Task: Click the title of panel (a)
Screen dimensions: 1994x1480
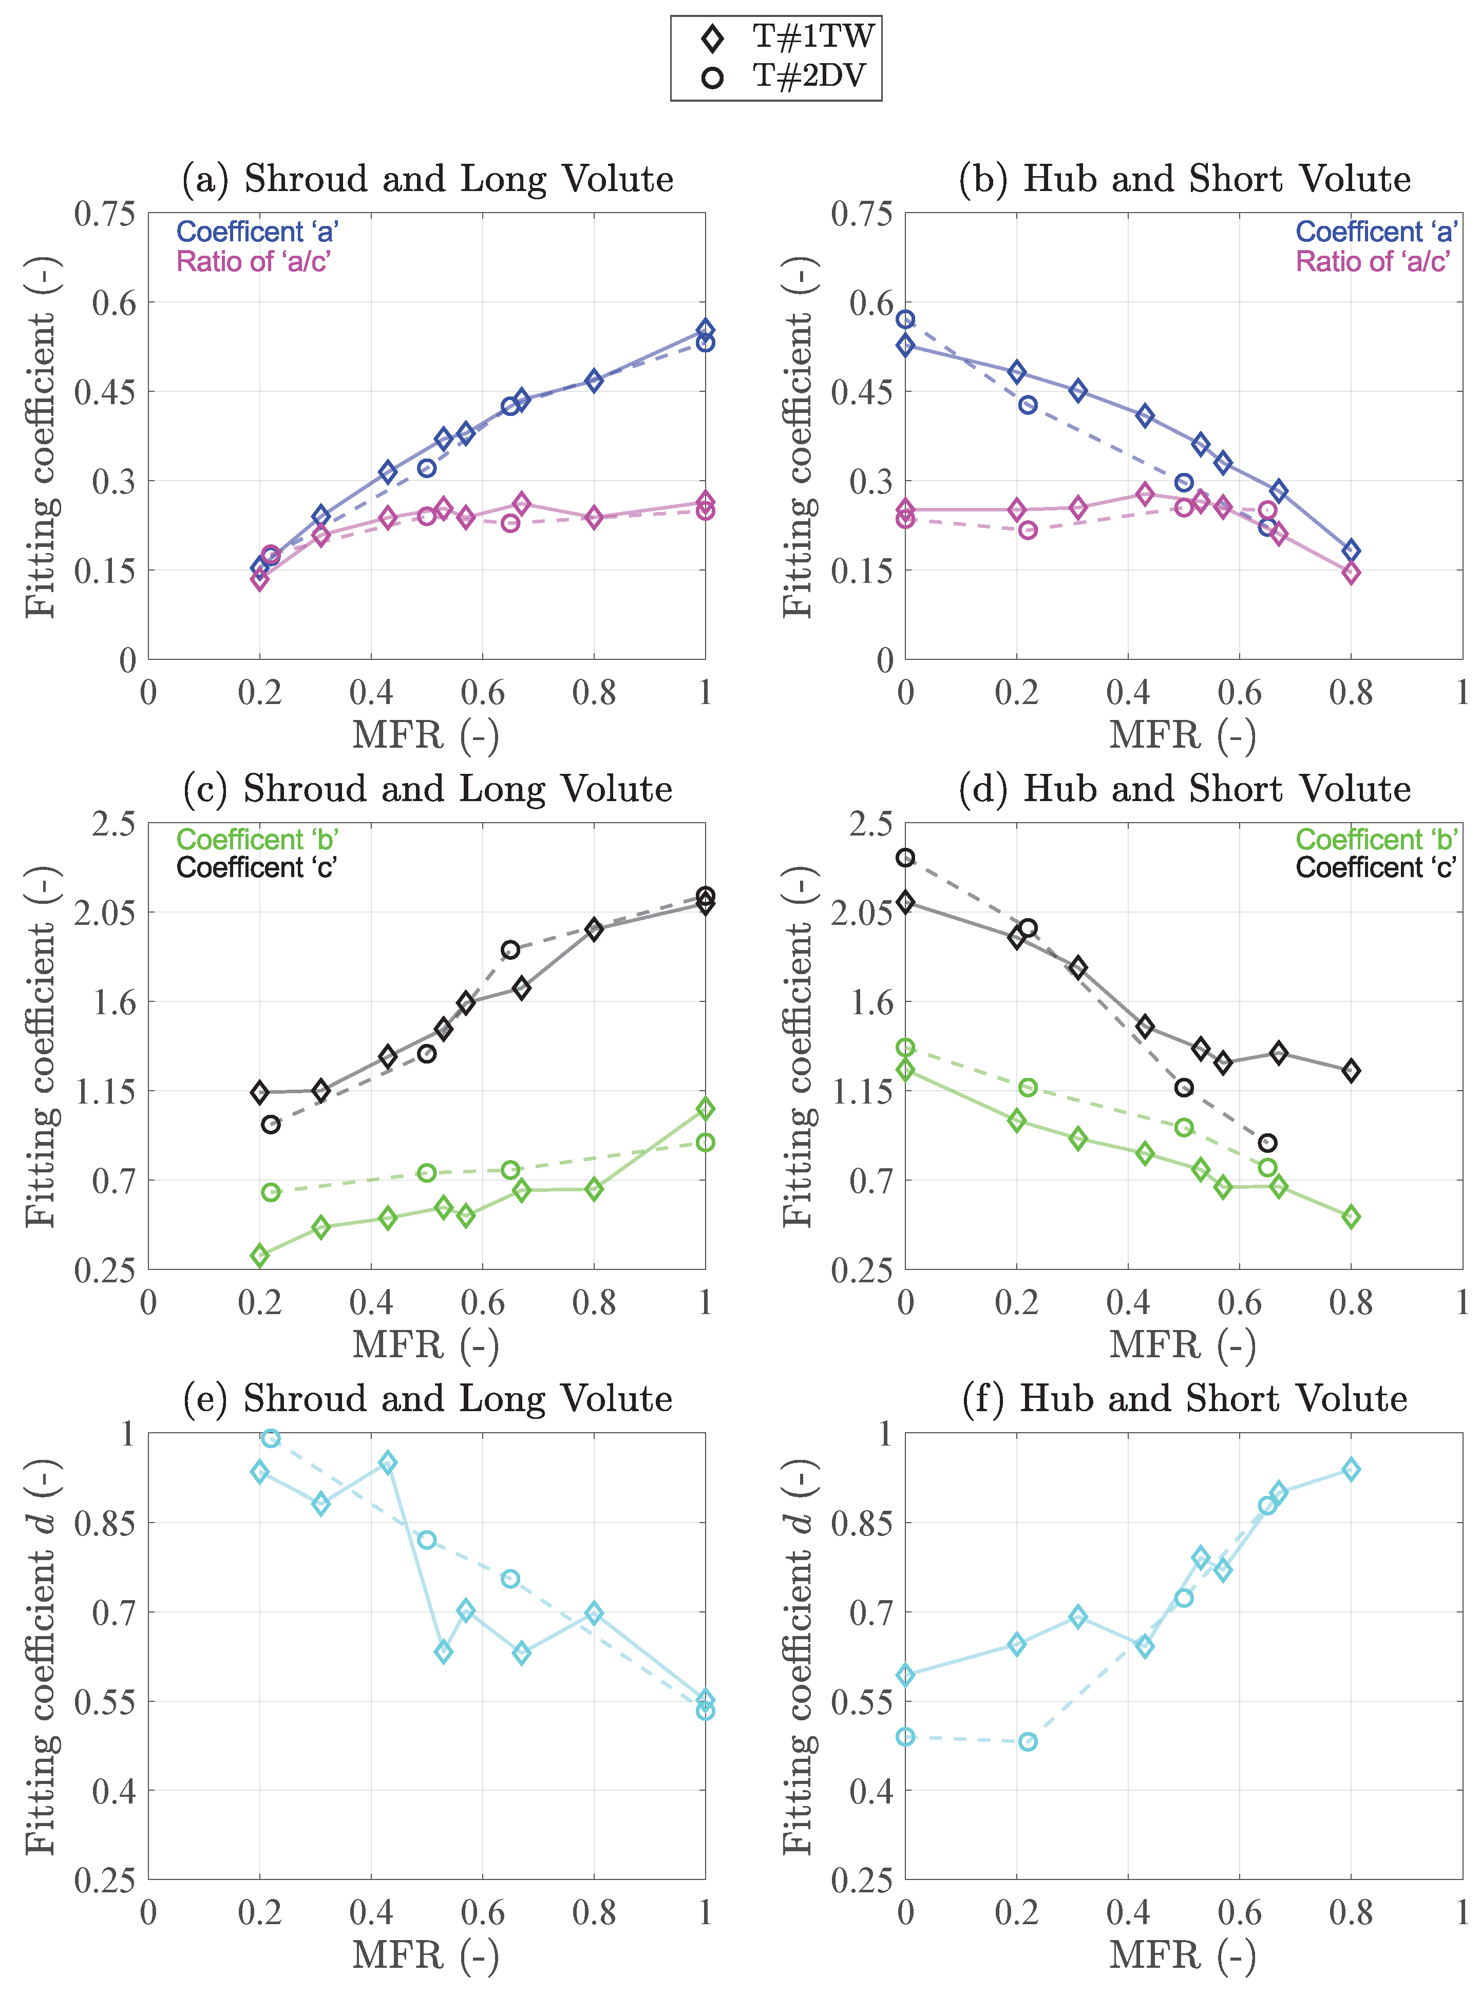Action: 427,179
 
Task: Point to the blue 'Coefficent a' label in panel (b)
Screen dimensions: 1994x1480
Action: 1376,232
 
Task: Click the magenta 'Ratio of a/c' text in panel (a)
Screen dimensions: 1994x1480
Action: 254,261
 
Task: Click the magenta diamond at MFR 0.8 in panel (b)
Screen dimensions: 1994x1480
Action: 1351,573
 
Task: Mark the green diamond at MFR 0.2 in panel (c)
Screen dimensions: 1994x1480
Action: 260,1255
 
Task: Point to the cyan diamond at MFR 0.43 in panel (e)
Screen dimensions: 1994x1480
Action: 388,1463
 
